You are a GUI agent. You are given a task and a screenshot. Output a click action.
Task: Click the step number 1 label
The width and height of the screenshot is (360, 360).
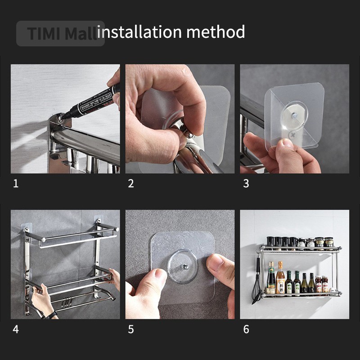(16, 184)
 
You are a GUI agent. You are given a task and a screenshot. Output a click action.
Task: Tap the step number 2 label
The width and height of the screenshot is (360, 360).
(131, 184)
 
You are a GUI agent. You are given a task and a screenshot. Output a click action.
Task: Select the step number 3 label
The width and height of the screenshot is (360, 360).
(246, 184)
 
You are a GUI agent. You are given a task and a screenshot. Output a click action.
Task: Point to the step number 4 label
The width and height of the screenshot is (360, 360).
(16, 329)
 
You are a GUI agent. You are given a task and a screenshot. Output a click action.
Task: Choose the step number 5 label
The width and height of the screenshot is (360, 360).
(131, 329)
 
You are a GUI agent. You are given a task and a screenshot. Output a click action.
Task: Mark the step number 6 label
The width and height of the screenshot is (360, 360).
(246, 329)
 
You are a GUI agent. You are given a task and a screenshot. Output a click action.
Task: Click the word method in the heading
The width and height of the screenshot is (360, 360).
(216, 31)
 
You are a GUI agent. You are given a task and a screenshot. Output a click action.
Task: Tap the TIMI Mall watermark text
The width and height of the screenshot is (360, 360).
(62, 33)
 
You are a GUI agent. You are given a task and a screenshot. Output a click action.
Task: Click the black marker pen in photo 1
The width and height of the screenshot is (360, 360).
(91, 102)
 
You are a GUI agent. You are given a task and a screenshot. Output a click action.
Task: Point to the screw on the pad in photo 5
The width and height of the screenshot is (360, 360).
(184, 267)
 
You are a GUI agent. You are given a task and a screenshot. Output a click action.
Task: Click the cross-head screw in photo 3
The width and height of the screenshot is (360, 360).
(292, 135)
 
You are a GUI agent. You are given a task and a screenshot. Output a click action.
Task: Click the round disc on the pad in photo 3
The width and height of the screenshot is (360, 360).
(295, 116)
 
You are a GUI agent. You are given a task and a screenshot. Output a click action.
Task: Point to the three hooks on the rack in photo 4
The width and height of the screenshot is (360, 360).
(67, 302)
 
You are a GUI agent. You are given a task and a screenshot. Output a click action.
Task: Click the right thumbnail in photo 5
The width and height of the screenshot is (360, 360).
(215, 262)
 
